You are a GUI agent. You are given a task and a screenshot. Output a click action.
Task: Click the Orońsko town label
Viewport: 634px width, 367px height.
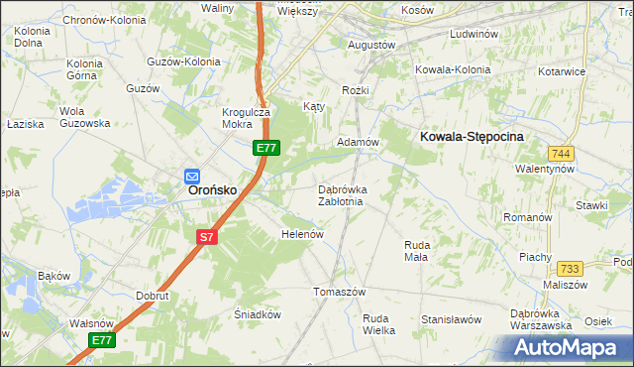pos(212,189)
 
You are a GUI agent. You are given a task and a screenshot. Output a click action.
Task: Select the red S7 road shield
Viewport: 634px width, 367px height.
pos(205,237)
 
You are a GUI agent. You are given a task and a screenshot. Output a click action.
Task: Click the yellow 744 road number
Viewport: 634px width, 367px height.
pos(562,154)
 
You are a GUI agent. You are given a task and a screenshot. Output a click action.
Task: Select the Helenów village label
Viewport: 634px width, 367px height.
pos(303,234)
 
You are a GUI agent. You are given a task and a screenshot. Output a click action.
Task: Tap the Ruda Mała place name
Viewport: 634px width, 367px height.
pos(416,250)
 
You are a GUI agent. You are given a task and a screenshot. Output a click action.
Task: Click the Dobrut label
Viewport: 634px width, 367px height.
pos(154,296)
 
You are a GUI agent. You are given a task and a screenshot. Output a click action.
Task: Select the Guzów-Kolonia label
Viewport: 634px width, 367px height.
pos(182,61)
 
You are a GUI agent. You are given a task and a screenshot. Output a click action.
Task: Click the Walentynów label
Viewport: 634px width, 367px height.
pos(545,170)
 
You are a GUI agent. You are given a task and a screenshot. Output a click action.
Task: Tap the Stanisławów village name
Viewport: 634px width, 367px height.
pos(451,320)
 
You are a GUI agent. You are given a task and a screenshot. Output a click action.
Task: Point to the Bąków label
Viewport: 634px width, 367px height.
pos(53,275)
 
